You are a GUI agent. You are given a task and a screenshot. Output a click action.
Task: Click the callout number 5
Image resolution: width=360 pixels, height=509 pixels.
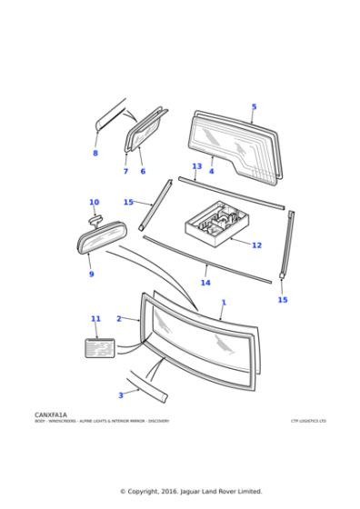pos(254,107)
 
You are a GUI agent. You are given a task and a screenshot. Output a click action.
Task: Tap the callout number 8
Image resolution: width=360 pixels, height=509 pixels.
pos(95,153)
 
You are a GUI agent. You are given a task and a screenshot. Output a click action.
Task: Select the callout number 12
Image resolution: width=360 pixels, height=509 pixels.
pos(256,245)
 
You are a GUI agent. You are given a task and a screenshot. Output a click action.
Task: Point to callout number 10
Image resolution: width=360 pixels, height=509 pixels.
pos(94,203)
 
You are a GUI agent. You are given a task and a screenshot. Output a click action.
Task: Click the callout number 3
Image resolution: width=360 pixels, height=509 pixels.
pos(120,395)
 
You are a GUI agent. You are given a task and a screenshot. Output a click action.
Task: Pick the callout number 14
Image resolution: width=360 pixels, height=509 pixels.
pos(205,283)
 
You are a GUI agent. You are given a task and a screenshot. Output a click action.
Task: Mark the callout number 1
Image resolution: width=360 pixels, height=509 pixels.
pos(224,303)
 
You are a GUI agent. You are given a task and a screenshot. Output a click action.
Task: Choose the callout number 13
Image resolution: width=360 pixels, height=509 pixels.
pos(196,166)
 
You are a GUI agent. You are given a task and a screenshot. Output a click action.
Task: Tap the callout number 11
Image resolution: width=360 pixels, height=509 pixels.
pos(95,319)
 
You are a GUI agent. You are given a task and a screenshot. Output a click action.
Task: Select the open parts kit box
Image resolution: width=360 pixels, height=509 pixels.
pos(217,224)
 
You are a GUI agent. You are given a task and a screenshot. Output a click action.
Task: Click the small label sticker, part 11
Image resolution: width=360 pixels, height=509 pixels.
pos(99,347)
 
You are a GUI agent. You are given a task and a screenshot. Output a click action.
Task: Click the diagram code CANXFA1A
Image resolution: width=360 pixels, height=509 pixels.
pos(51,414)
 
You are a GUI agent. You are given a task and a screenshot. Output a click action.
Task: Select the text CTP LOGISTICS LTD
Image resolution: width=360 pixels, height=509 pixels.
pos(308,421)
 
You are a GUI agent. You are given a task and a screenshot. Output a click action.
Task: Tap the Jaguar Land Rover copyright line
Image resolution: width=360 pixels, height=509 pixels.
pos(191,492)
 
